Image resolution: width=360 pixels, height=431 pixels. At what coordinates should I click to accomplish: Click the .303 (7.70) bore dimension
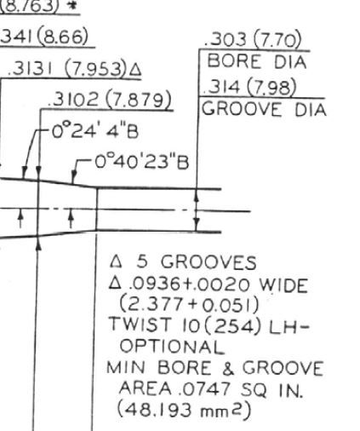tap(253, 40)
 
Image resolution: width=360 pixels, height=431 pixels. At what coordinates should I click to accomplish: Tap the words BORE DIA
tap(257, 61)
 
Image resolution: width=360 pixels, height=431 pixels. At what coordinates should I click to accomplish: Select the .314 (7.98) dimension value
tap(250, 87)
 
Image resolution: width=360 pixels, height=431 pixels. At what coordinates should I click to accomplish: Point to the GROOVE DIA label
tap(264, 109)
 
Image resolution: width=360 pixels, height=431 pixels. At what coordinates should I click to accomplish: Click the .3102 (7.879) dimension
tap(110, 100)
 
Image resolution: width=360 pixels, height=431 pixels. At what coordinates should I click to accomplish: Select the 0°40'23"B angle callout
tap(141, 163)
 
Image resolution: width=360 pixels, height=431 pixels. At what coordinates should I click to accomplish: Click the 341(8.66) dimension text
tap(44, 37)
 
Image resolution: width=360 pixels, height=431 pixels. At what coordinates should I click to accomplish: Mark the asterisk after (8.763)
tap(72, 6)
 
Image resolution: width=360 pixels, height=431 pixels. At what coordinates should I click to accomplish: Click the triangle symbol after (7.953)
tap(135, 70)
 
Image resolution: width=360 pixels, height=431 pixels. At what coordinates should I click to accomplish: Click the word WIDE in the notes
tap(284, 284)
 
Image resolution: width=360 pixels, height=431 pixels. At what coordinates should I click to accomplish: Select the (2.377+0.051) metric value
tap(189, 304)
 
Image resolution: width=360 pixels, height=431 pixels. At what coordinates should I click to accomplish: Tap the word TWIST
tap(140, 324)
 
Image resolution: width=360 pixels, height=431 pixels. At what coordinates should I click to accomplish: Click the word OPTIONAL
tap(172, 347)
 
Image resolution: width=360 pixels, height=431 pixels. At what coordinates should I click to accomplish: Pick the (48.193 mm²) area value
tap(184, 410)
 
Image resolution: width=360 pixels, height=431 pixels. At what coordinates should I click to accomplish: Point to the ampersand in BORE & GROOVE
tap(228, 368)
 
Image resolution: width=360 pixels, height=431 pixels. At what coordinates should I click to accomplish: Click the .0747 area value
tap(205, 389)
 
